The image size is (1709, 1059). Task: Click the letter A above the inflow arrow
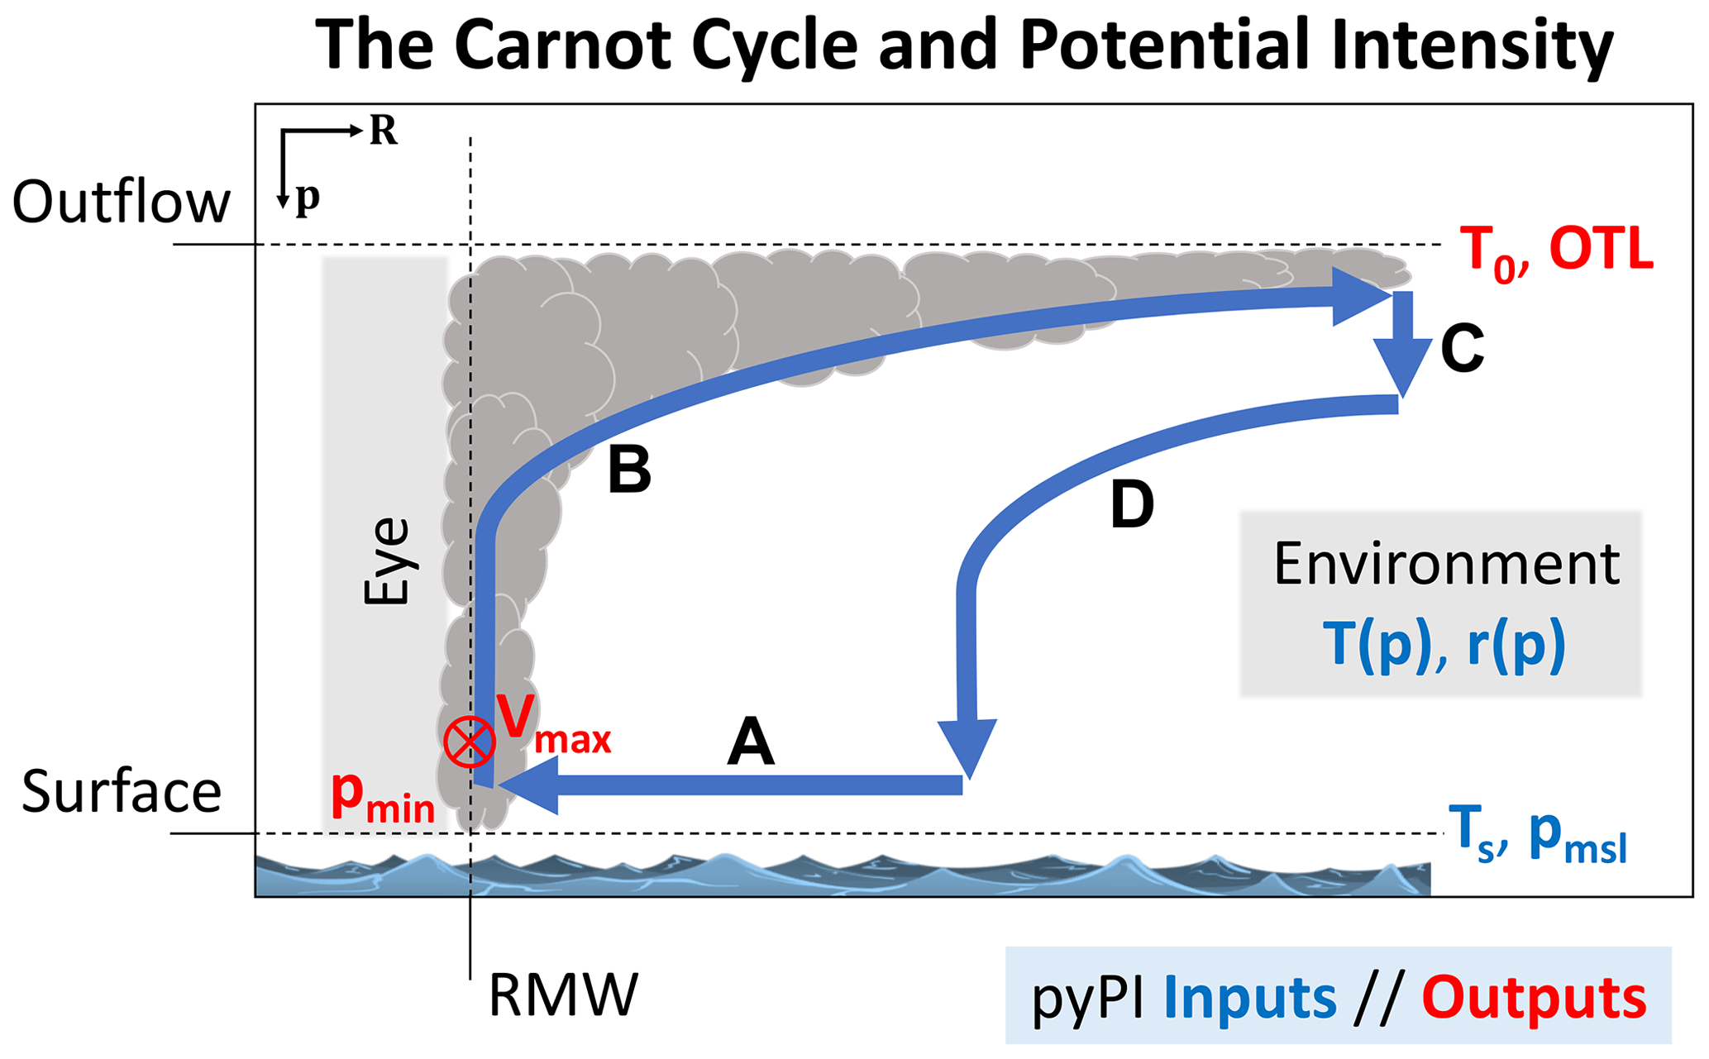click(751, 742)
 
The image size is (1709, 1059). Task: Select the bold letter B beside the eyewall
click(629, 470)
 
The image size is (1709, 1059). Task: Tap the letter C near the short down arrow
click(1462, 348)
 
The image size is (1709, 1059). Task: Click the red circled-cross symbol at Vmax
click(469, 741)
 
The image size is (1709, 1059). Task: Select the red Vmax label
click(552, 725)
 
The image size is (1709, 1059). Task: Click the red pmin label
click(382, 796)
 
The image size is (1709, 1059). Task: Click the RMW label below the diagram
click(563, 995)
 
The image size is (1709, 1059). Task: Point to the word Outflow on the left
click(121, 203)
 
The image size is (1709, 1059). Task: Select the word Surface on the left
click(122, 791)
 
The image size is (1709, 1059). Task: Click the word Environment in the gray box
click(1446, 565)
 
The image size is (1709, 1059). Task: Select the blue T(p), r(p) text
click(1444, 644)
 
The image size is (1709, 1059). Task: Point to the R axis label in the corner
click(383, 131)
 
